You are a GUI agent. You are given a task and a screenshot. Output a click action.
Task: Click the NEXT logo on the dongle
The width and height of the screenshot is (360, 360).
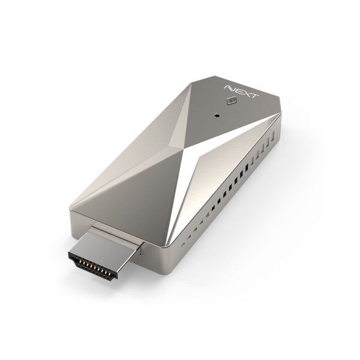click(242, 91)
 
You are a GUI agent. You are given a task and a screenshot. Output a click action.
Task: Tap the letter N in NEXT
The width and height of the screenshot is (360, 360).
click(230, 88)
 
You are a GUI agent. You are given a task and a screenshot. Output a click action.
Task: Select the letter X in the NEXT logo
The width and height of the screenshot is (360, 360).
click(245, 92)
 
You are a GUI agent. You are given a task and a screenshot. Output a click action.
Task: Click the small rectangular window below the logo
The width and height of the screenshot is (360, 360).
click(232, 101)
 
